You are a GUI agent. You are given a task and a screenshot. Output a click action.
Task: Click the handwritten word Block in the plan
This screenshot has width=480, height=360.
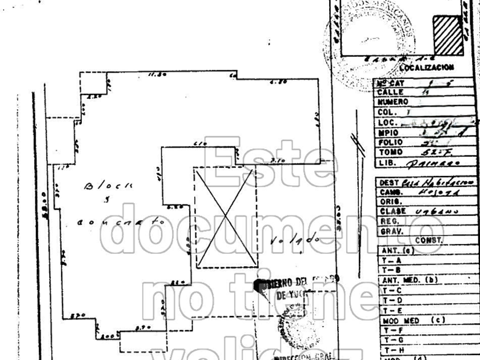click(109, 186)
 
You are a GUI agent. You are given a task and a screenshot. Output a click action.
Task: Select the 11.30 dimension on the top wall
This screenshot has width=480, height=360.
click(157, 74)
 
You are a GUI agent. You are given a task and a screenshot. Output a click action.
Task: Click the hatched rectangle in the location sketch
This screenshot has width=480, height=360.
click(447, 35)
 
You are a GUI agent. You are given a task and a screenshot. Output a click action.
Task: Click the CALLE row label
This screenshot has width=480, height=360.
click(391, 92)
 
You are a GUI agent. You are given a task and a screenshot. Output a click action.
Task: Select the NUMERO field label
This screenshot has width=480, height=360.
click(393, 102)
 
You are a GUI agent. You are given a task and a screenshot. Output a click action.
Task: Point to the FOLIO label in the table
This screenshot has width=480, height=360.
click(391, 142)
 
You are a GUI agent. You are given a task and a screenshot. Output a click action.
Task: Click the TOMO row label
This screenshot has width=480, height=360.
click(391, 153)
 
